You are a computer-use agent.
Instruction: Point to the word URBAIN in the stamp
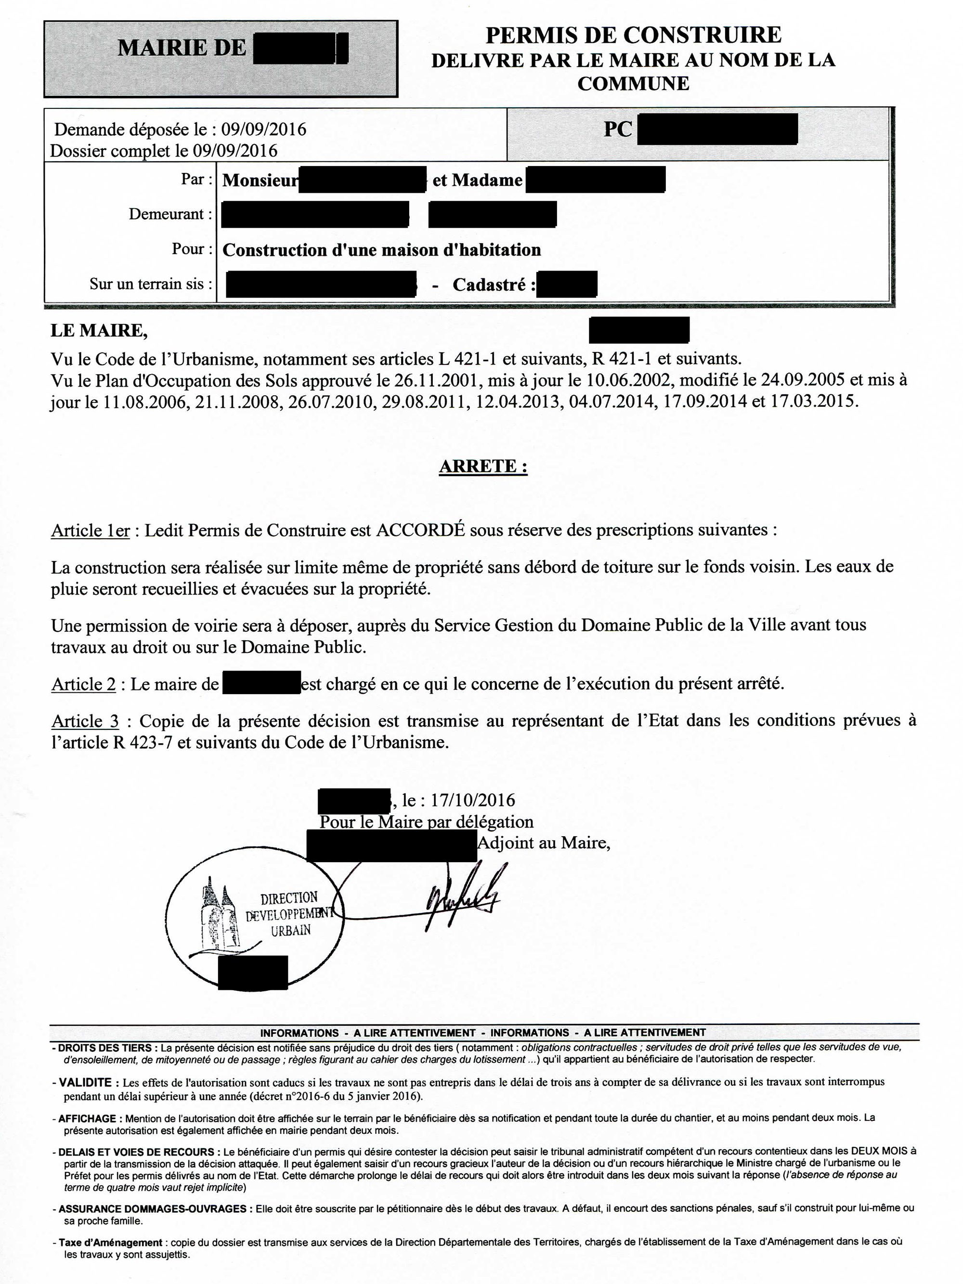tap(291, 930)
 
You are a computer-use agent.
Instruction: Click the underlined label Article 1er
tap(90, 531)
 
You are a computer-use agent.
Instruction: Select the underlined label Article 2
tap(84, 685)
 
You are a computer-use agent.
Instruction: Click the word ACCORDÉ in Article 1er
tap(420, 530)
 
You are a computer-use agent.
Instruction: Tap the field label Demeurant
tap(167, 214)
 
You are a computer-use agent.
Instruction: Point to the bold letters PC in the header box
tap(618, 129)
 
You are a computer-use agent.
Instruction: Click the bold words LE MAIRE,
tap(99, 330)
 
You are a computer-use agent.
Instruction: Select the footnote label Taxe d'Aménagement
tap(110, 1242)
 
